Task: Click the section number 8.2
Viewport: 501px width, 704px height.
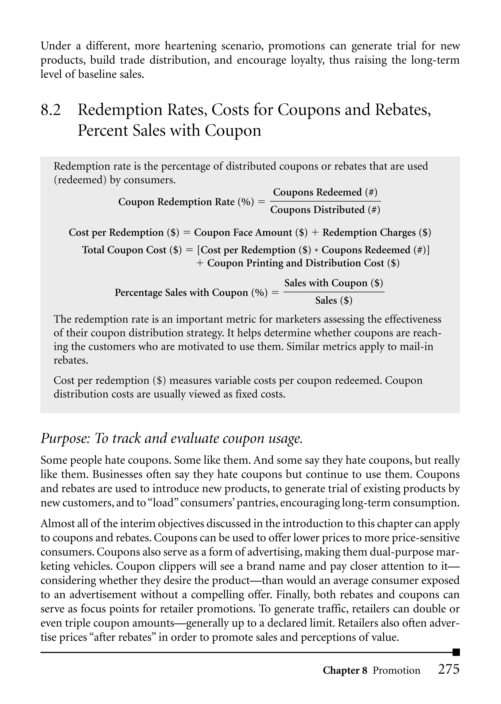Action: click(51, 110)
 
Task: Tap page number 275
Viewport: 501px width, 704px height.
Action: click(449, 669)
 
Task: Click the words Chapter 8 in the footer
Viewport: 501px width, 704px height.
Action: click(345, 671)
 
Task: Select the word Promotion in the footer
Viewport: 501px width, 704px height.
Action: click(396, 671)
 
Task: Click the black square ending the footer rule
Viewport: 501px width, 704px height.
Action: click(456, 652)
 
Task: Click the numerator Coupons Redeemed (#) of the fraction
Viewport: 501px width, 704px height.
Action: click(325, 192)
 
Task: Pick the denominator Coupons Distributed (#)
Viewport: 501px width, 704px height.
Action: click(325, 210)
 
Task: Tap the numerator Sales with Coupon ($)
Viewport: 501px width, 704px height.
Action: click(333, 283)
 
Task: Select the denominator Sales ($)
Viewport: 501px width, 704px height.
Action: click(333, 300)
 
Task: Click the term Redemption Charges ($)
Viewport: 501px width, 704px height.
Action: click(377, 232)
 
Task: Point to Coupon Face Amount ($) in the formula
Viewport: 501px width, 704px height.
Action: click(251, 232)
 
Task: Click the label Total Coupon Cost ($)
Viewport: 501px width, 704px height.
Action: click(132, 250)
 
